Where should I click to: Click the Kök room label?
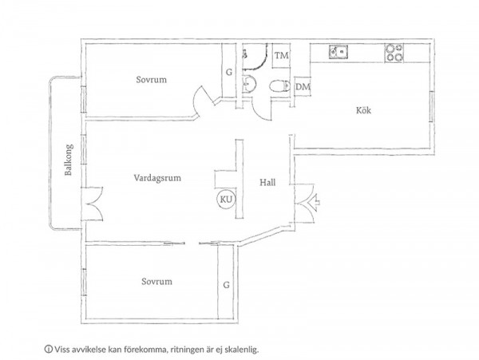point(363,110)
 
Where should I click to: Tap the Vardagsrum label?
point(157,178)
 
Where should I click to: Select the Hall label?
point(267,182)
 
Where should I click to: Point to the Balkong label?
point(69,160)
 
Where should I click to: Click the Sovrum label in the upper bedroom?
point(152,80)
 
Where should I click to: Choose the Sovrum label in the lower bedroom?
point(156,281)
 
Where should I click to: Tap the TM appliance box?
point(281,56)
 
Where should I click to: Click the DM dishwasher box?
point(303,87)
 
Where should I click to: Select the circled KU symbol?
point(227,200)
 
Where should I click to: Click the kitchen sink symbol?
point(338,52)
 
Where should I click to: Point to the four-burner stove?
point(394,53)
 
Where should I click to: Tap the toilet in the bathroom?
point(279,85)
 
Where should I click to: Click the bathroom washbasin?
point(249,84)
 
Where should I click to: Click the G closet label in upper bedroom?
point(229,73)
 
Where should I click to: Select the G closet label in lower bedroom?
point(226,285)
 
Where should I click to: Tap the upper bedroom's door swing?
point(203,101)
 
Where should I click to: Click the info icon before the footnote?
point(48,349)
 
